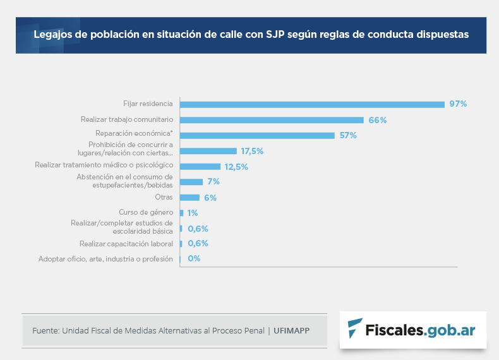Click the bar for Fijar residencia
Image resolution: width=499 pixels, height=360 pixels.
point(312,104)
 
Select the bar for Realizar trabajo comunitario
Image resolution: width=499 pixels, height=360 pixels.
point(272,120)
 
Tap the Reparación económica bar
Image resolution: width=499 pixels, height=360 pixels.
point(257,135)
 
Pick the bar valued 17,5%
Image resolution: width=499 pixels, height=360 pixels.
point(208,151)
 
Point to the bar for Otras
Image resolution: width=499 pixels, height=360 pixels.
point(189,198)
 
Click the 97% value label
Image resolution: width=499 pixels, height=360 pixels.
point(458,104)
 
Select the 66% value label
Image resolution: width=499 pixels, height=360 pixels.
point(378,120)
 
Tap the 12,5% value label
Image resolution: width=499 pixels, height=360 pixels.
point(236,167)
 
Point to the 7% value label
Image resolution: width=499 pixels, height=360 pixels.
point(213,182)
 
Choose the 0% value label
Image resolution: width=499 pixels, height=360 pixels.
point(194,258)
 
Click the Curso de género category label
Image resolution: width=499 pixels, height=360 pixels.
point(146,212)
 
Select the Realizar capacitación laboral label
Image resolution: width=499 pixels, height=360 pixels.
point(126,243)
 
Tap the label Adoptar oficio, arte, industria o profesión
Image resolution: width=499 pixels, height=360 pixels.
point(105,259)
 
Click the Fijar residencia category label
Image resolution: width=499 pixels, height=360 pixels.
point(148,103)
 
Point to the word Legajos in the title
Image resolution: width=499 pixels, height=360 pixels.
point(52,35)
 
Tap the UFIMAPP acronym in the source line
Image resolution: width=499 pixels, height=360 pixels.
point(292,330)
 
